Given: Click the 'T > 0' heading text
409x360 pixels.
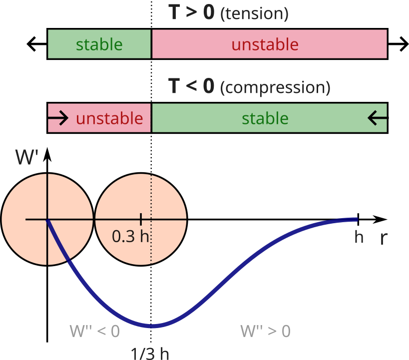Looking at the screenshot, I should coord(192,13).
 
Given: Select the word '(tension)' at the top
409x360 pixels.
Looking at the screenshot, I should coord(254,14).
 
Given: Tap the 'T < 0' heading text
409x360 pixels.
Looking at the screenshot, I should coord(192,87).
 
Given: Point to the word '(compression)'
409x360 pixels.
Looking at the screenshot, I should coord(275,88).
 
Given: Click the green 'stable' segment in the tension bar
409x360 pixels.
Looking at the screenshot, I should coord(99,44).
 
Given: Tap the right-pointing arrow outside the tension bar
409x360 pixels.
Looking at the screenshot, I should coord(399,44).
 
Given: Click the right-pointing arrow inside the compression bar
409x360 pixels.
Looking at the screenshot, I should coord(59,119).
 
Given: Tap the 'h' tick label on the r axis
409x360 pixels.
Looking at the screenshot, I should coord(359,238).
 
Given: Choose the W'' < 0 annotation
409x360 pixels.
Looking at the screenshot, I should coord(94,331).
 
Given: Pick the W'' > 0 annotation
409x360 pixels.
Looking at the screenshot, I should coord(265,331).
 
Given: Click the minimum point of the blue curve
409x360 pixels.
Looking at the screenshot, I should coord(151,326).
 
